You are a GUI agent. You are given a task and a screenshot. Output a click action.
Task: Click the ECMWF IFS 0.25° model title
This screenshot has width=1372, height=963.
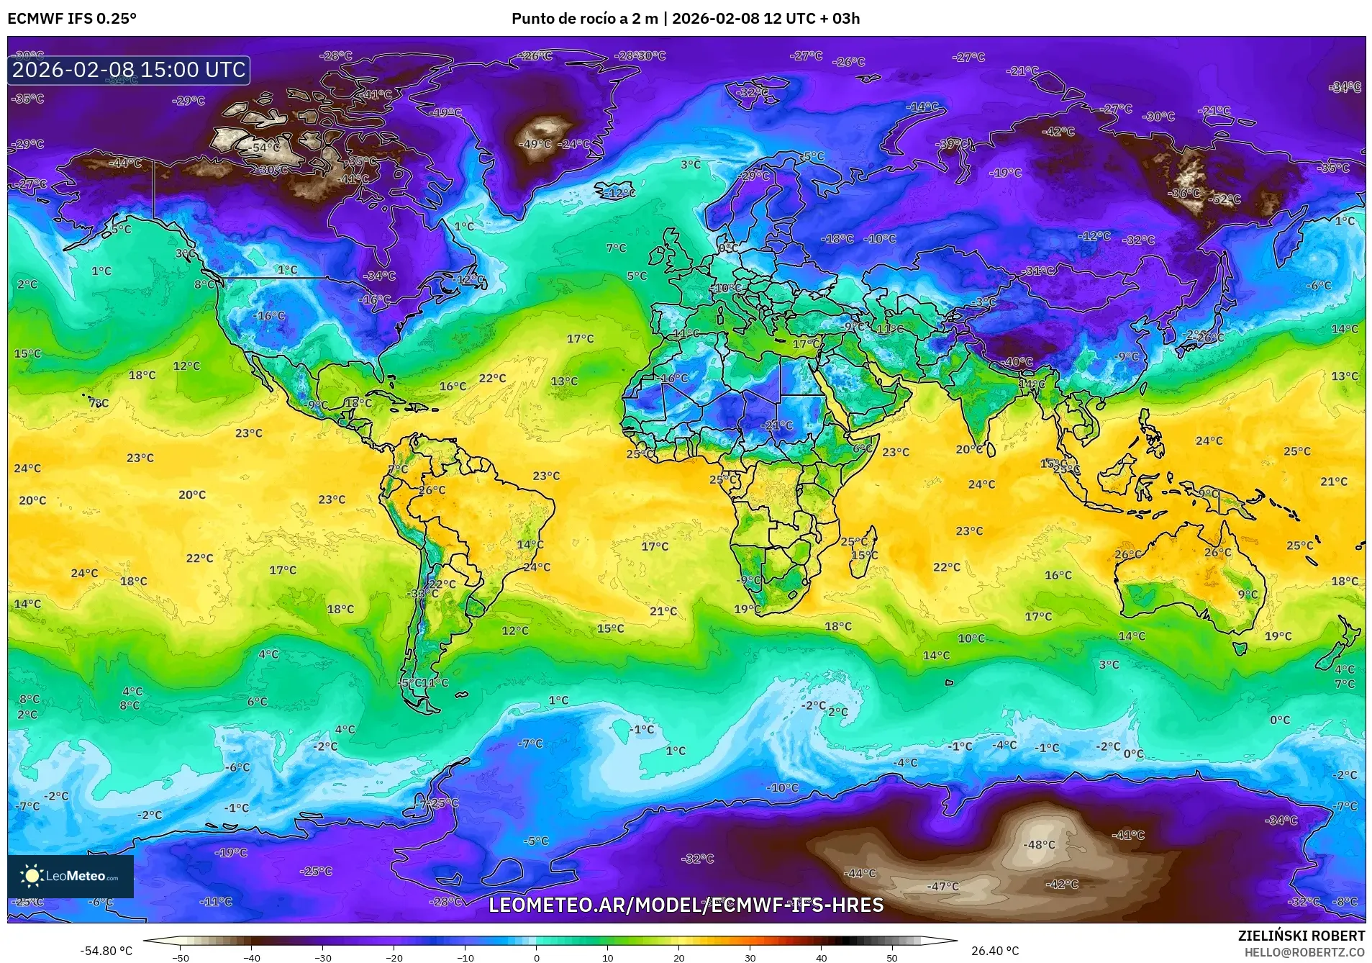tap(72, 19)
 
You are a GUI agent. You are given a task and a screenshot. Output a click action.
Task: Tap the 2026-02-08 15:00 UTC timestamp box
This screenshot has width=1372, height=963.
tap(129, 70)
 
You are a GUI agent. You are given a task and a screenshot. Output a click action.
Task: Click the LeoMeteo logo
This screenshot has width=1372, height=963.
tap(71, 876)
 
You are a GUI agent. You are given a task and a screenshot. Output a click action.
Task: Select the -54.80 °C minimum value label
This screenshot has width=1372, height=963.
tap(106, 951)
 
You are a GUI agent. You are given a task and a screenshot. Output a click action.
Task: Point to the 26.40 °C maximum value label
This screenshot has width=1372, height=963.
tap(995, 951)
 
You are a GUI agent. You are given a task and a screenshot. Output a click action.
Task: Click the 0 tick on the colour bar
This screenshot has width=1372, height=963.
tap(536, 957)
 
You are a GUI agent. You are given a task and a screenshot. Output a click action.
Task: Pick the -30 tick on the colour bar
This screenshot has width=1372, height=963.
tap(323, 957)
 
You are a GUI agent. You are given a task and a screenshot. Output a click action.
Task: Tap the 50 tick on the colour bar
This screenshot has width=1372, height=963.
tap(891, 957)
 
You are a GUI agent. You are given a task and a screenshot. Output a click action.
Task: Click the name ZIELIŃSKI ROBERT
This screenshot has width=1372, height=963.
tap(1301, 936)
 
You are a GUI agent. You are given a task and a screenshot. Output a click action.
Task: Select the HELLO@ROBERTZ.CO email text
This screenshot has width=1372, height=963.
tap(1304, 952)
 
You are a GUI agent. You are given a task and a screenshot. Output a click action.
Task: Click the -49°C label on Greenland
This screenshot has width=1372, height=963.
tap(536, 144)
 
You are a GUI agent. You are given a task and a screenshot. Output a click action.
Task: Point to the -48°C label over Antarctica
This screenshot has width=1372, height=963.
tap(1040, 844)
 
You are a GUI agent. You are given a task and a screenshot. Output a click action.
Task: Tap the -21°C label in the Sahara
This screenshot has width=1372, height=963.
tap(777, 425)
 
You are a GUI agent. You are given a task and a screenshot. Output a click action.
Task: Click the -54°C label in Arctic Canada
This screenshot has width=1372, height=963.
tap(265, 148)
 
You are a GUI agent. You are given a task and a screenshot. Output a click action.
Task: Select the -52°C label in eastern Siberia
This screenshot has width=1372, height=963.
tap(1225, 199)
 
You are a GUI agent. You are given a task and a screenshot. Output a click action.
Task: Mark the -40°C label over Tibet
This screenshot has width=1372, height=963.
tap(1018, 362)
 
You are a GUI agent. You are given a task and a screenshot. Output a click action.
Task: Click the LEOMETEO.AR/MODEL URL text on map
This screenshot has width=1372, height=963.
tap(686, 905)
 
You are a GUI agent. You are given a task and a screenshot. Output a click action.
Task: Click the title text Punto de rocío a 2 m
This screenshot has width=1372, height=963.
tap(584, 19)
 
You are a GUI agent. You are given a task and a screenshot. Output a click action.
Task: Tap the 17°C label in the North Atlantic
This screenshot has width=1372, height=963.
tap(580, 338)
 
